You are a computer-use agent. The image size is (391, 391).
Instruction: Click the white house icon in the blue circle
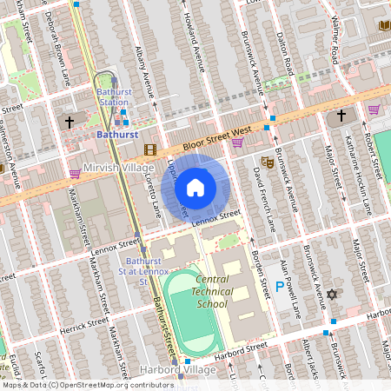195,187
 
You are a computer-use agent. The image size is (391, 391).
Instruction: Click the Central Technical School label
212,291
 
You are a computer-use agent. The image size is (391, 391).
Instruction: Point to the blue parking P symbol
279,287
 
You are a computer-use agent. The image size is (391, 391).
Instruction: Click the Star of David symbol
330,295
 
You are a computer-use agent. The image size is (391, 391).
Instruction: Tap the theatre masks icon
268,162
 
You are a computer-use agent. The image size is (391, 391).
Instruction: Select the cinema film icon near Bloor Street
150,149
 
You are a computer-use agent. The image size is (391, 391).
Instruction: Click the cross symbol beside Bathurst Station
69,123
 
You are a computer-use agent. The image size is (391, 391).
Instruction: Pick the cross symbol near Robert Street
341,115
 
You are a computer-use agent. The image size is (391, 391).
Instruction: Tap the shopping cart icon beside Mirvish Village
75,173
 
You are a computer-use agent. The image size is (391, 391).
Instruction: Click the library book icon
384,25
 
